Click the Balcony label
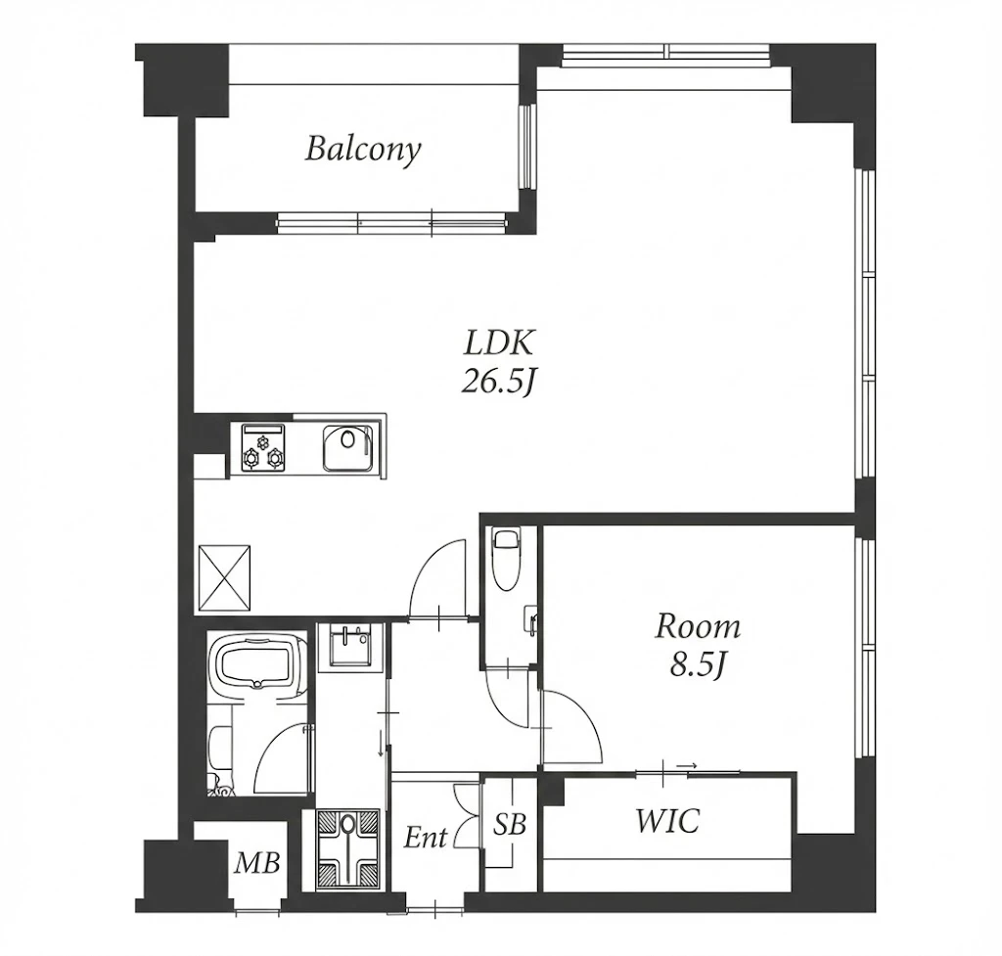click(x=363, y=150)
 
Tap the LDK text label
click(x=498, y=343)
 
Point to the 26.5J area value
click(x=497, y=382)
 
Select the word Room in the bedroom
click(x=697, y=627)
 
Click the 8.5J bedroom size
click(x=697, y=665)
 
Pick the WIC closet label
click(x=667, y=821)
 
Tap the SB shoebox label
click(x=509, y=825)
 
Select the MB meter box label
click(x=257, y=864)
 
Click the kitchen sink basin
click(x=347, y=447)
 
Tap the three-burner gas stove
click(x=261, y=448)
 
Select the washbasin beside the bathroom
click(x=349, y=645)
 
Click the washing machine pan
click(x=347, y=849)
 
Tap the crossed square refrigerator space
click(x=224, y=577)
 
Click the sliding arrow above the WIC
click(x=686, y=764)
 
